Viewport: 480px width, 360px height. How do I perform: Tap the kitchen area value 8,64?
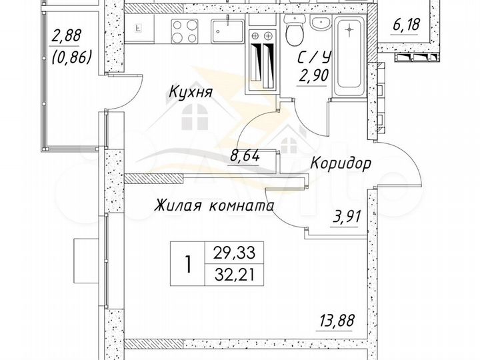(x=244, y=157)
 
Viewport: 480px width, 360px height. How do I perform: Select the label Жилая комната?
(x=215, y=206)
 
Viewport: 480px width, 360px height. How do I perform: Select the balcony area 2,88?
(x=71, y=35)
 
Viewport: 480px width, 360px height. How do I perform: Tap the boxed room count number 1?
(x=188, y=263)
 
